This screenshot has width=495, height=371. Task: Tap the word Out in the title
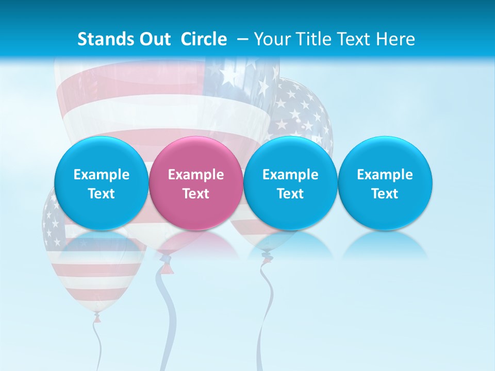coord(154,39)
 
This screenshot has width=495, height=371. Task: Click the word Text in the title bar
coord(356,39)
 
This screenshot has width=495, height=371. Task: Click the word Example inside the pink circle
coord(196,175)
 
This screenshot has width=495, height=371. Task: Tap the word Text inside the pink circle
coord(196,194)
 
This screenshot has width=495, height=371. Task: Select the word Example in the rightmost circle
coord(385,175)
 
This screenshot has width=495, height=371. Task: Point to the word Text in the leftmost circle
coord(102,194)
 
